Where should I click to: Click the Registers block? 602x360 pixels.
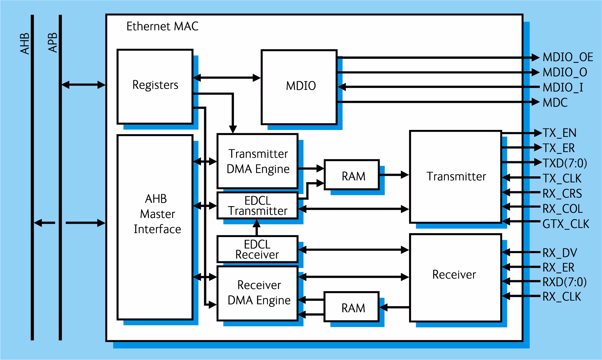pos(155,87)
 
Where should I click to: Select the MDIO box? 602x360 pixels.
pos(299,87)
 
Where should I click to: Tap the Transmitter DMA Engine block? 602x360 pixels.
pos(258,161)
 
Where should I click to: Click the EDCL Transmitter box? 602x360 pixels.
pos(258,205)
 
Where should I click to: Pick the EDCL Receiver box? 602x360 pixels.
pos(258,249)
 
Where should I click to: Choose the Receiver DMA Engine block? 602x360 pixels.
pos(258,293)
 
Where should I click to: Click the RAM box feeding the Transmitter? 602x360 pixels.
pos(352,175)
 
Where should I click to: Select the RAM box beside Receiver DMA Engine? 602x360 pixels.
pos(352,307)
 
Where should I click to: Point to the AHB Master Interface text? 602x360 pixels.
pos(157,214)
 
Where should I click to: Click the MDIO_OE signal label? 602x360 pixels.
pos(568,57)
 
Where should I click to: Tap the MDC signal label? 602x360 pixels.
pos(555,103)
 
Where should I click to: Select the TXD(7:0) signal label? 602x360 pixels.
pos(565,163)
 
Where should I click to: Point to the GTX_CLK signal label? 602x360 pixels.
pos(566,224)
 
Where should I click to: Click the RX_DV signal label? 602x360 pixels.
pos(560,253)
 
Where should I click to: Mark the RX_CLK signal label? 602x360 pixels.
pos(562,297)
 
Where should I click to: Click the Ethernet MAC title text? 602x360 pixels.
pos(162,26)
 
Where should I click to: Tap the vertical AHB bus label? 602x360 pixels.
pos(25,44)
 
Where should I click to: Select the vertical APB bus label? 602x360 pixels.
pos(52,43)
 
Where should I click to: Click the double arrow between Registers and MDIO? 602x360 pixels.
pos(227,78)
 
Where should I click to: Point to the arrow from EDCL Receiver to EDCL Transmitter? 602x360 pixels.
pos(257,227)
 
